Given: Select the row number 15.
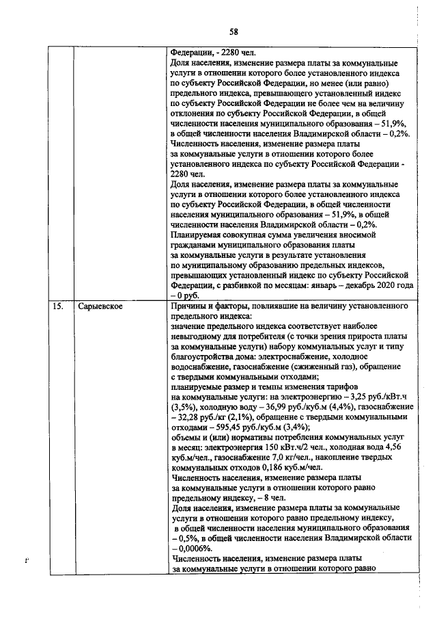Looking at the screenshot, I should pyautogui.click(x=59, y=306).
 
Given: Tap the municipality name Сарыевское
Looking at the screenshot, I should pyautogui.click(x=100, y=306).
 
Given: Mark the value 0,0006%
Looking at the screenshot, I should pyautogui.click(x=193, y=548).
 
